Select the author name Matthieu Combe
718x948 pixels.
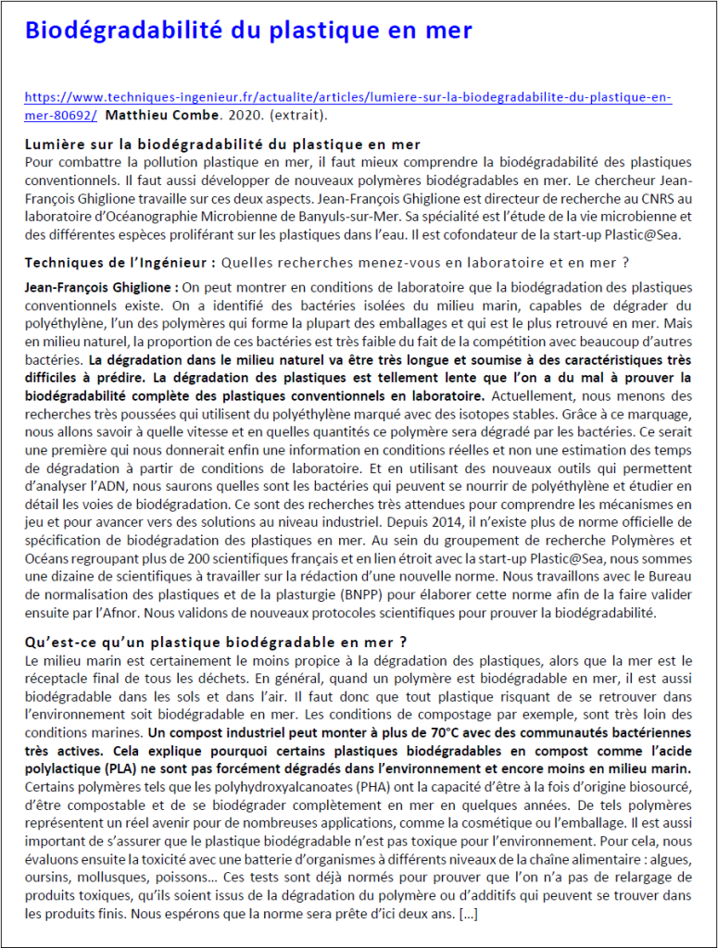pos(162,116)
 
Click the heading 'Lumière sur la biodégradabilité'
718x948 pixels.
pos(222,144)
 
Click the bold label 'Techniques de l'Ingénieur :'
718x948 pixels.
pos(120,262)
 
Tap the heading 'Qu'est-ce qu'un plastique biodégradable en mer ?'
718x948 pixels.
pos(215,642)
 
